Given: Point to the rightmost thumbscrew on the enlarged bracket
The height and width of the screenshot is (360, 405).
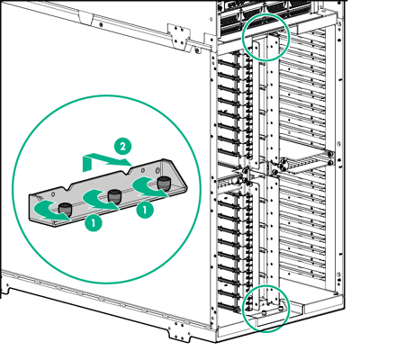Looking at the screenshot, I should [163, 183].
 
